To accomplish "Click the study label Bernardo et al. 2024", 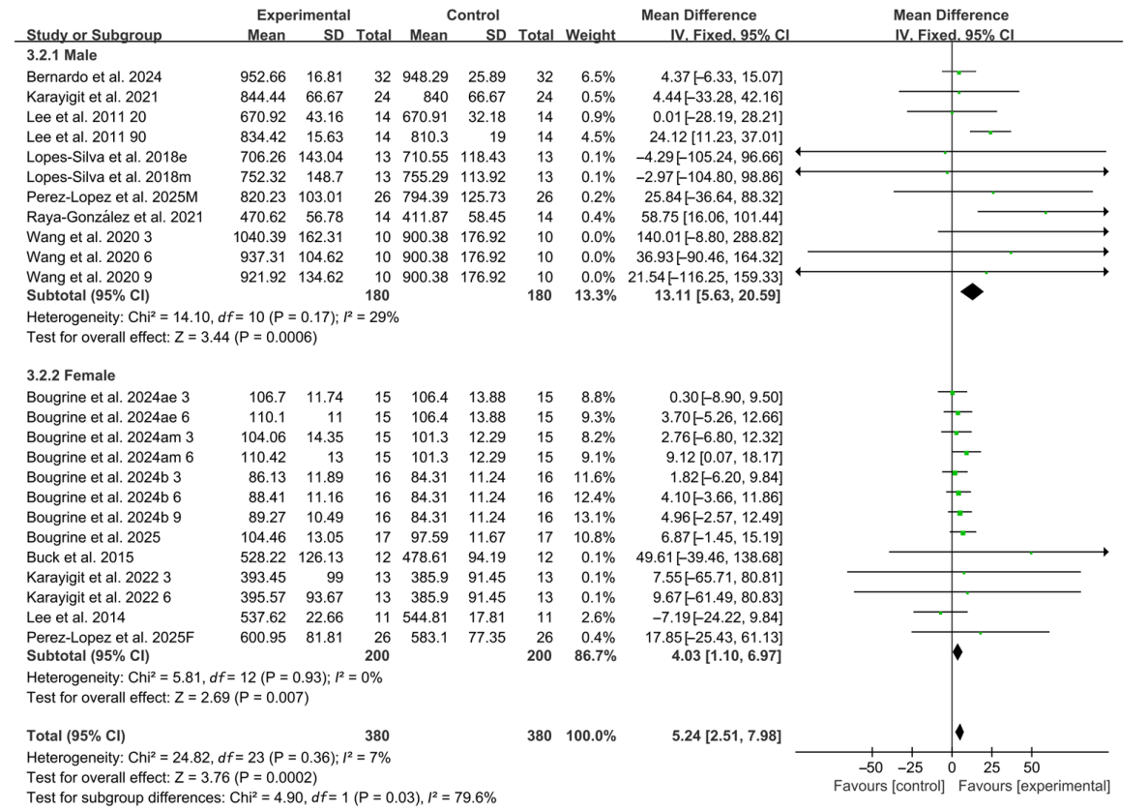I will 86,72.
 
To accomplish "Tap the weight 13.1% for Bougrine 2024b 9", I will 597,513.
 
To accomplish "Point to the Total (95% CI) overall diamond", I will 959,733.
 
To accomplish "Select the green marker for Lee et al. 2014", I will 941,613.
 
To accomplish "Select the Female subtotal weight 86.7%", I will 595,654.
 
